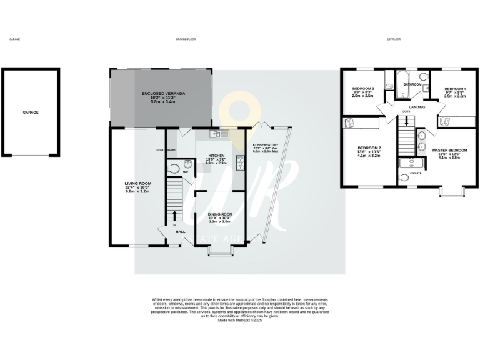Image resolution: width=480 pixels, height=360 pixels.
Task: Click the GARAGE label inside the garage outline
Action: click(31, 112)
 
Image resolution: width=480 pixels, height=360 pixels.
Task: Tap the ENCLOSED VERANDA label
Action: click(162, 94)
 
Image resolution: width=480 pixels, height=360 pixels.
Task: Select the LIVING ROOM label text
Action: click(135, 183)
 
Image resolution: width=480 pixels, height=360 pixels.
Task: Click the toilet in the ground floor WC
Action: click(174, 167)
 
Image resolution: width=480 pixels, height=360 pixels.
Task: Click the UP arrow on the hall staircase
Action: click(175, 215)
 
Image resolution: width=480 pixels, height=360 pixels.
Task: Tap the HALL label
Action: click(181, 232)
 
